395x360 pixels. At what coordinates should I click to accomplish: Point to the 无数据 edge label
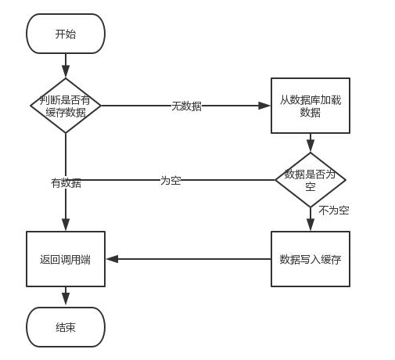[186, 106]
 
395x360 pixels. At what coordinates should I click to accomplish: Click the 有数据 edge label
[66, 183]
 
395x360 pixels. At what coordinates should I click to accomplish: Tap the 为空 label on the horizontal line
[171, 181]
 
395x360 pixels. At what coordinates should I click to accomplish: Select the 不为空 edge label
[334, 211]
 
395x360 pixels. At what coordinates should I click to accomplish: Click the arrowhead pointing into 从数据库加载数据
[264, 106]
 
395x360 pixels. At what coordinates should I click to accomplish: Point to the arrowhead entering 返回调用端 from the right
[113, 259]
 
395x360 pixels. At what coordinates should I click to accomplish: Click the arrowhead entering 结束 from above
[66, 299]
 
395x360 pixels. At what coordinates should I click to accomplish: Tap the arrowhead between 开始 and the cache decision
[66, 71]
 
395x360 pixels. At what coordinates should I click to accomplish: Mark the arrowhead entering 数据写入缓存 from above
[311, 225]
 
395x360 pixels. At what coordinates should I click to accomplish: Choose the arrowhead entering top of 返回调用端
[66, 225]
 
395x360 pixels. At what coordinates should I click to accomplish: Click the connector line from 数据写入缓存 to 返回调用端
[189, 259]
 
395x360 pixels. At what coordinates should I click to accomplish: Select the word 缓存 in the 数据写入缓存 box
[331, 260]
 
